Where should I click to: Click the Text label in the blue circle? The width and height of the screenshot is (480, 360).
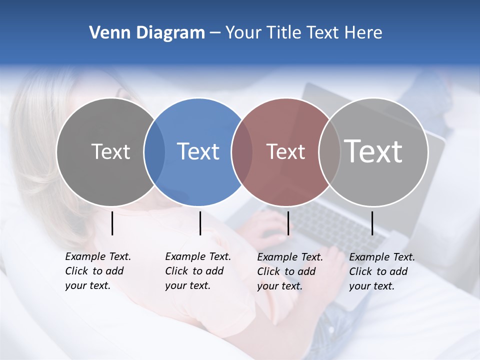(198, 151)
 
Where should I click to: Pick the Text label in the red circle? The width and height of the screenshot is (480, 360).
(285, 151)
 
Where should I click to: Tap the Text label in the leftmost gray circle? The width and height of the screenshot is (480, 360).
(110, 151)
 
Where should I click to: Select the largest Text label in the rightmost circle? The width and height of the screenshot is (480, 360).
(373, 151)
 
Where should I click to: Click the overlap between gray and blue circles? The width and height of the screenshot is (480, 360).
(154, 152)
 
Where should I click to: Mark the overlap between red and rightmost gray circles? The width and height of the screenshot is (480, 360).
(329, 152)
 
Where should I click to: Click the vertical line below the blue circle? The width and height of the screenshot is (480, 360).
(200, 223)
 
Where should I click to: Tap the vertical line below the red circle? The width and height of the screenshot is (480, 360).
(288, 223)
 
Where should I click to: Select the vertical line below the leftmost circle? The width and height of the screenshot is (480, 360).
(112, 223)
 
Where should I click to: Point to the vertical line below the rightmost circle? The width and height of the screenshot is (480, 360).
(372, 223)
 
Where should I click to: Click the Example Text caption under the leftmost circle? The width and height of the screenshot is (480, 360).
(97, 271)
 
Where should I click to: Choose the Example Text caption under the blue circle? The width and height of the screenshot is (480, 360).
(197, 271)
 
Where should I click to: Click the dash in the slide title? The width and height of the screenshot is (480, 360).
(214, 33)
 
